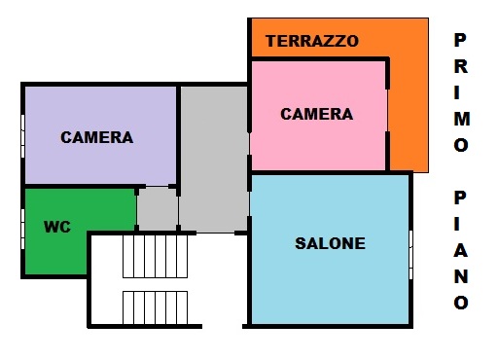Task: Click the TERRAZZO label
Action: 312,41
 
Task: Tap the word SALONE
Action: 330,243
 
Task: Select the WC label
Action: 57,227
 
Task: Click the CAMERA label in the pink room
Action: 316,114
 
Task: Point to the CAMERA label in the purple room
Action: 97,137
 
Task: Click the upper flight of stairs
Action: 155,256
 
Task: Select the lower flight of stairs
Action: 155,307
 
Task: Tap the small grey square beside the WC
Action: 158,209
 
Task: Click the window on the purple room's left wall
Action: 22,136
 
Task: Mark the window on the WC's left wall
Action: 22,229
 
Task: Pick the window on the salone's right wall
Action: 410,255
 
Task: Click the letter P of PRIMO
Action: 460,40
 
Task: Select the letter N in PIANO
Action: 461,276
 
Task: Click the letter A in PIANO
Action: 461,250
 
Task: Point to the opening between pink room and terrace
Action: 387,110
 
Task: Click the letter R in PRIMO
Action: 461,66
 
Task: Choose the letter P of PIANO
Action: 460,198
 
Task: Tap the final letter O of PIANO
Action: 461,303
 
